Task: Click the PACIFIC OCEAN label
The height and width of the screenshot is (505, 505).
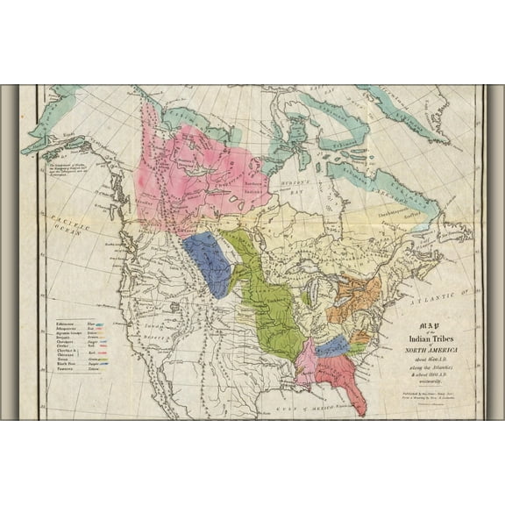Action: (x=63, y=221)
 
